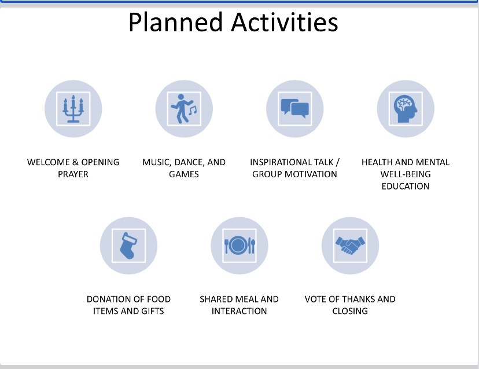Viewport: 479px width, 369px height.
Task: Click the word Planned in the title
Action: point(175,22)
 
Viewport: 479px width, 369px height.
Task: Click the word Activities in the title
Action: point(285,22)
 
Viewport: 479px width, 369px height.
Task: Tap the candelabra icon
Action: point(73,109)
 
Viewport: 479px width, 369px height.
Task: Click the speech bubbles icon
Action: point(295,109)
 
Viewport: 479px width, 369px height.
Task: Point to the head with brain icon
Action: point(406,109)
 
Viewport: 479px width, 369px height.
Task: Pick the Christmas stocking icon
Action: point(128,246)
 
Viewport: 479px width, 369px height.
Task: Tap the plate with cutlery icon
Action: point(239,246)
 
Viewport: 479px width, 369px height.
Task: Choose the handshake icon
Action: point(350,246)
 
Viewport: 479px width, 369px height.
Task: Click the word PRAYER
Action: point(73,174)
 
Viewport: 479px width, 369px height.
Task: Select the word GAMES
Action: point(184,174)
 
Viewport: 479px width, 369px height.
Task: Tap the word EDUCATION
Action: point(406,186)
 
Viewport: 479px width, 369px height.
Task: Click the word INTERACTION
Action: point(239,311)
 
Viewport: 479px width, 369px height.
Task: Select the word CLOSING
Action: point(350,311)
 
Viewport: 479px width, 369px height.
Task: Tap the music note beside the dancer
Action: point(193,110)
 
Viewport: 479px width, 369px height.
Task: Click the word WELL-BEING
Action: point(406,174)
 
